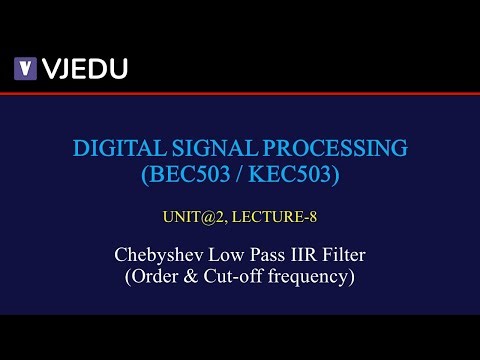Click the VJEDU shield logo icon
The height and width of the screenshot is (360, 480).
[x=25, y=68]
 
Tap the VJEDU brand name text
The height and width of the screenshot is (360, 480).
[x=84, y=68]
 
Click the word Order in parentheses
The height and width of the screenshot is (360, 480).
[x=157, y=276]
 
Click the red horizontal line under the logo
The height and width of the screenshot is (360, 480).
[x=240, y=93]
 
